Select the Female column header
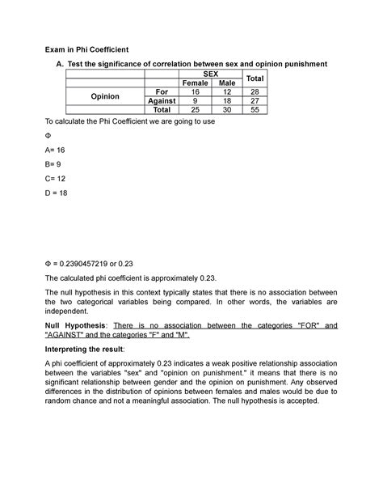(195, 83)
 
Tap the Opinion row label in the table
(105, 96)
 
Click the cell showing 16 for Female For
(195, 91)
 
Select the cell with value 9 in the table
(195, 100)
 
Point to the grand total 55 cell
(256, 110)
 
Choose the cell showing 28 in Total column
(256, 91)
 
